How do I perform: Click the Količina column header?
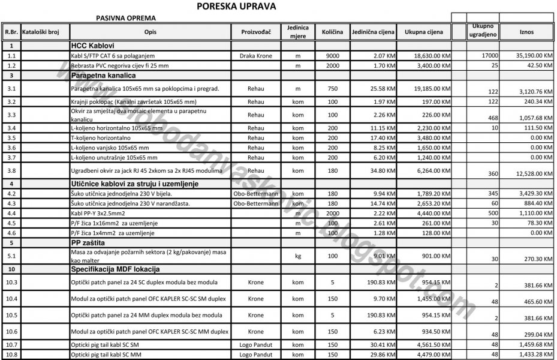(332, 31)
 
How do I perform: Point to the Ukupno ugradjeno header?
(483, 31)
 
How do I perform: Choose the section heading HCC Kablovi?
(92, 46)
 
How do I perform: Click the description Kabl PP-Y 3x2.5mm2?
(99, 213)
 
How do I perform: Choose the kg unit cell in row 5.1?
(297, 256)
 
